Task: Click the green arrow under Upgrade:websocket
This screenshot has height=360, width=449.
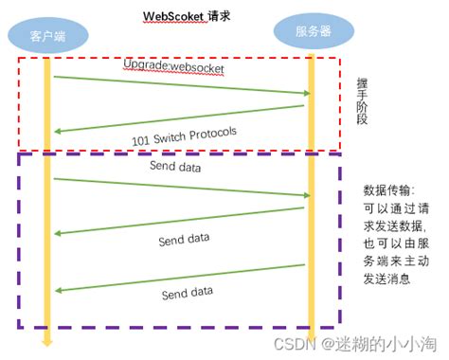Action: (180, 85)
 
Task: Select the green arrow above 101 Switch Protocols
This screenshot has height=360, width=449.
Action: (180, 118)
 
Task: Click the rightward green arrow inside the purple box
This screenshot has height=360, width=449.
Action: (180, 187)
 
